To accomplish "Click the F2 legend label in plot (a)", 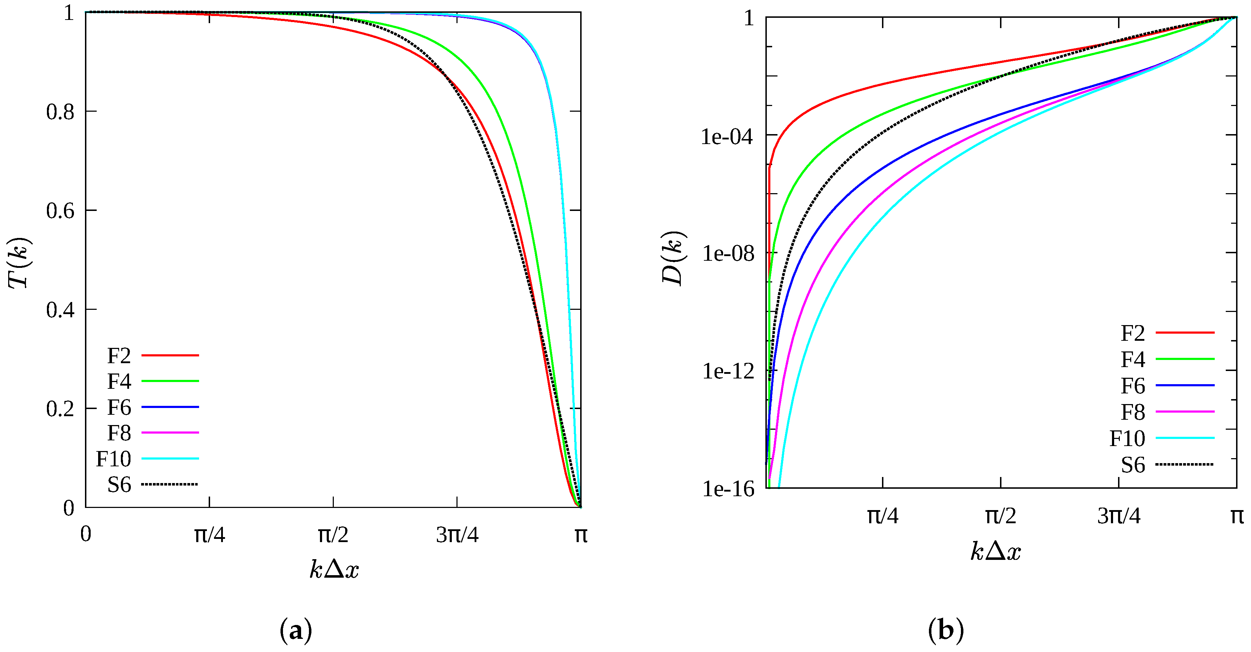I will (x=119, y=356).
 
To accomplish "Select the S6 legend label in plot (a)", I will (x=119, y=485).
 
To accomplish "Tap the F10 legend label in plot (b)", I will (x=1127, y=439).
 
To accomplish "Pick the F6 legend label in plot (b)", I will (x=1133, y=386).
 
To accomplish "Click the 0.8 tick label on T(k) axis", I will (x=60, y=112).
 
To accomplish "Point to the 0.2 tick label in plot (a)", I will (x=60, y=409).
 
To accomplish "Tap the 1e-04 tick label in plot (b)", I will (x=727, y=137).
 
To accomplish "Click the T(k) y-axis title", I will (x=20, y=263).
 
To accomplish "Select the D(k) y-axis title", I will (x=673, y=259).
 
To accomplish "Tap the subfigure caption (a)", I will (x=296, y=631).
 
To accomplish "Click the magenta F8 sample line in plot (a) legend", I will (x=170, y=433).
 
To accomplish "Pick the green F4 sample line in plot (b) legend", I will (x=1185, y=359).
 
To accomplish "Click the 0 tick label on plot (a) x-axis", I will (x=85, y=534).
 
